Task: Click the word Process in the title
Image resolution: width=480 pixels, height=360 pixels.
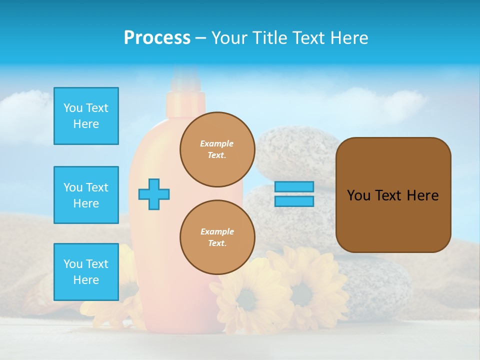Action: [x=157, y=37]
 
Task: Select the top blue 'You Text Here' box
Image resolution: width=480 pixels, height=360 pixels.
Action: [x=86, y=116]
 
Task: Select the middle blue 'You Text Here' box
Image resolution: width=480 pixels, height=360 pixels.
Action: [x=86, y=195]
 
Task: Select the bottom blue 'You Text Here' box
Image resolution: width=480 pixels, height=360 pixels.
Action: [x=86, y=271]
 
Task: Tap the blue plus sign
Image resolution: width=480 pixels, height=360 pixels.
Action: [x=154, y=194]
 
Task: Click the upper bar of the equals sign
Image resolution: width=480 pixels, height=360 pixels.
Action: [x=294, y=187]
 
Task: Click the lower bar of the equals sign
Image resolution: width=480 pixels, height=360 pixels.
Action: [x=294, y=201]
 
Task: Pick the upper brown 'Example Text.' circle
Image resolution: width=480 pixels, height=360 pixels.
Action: [x=217, y=149]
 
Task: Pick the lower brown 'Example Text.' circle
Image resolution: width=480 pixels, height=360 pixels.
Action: [x=217, y=237]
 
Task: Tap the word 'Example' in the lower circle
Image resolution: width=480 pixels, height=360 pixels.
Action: [x=217, y=231]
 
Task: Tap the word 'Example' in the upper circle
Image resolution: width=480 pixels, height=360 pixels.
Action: [x=217, y=143]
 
